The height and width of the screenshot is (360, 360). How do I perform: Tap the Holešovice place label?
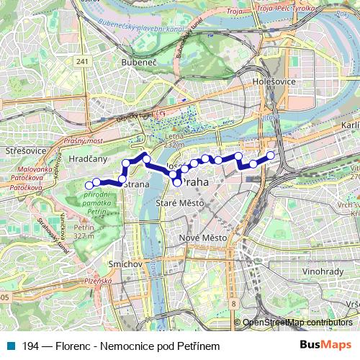pyautogui.click(x=274, y=81)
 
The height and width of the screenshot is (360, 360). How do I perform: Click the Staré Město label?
pyautogui.click(x=180, y=204)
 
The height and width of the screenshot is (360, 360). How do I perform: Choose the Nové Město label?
pyautogui.click(x=202, y=238)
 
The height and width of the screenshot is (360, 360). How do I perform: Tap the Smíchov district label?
pyautogui.click(x=127, y=264)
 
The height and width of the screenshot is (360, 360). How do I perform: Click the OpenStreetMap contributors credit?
pyautogui.click(x=297, y=323)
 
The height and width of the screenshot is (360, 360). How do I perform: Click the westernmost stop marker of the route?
pyautogui.click(x=89, y=186)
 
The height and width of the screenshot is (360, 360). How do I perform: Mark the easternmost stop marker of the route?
pyautogui.click(x=271, y=156)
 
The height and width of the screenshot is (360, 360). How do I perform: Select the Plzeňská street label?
pyautogui.click(x=99, y=282)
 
